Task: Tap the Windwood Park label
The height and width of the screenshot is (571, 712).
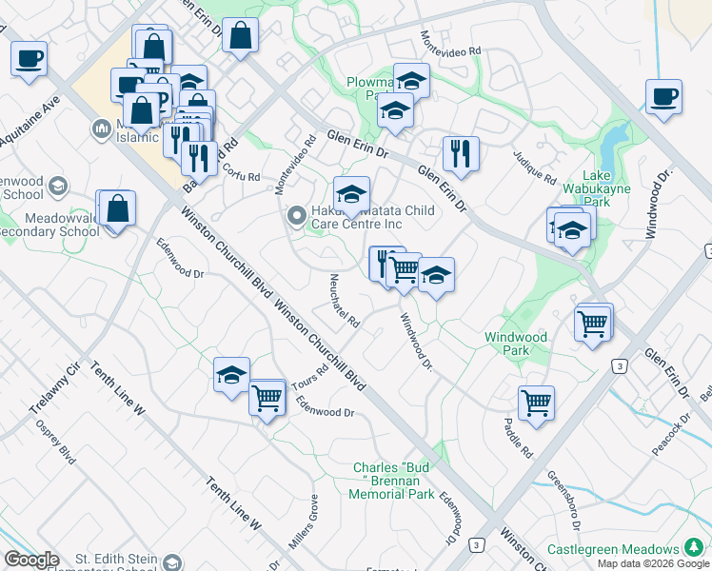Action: pos(516,344)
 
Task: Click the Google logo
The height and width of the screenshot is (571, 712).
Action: pos(31,560)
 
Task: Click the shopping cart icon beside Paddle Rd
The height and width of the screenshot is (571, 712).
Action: pos(536,403)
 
